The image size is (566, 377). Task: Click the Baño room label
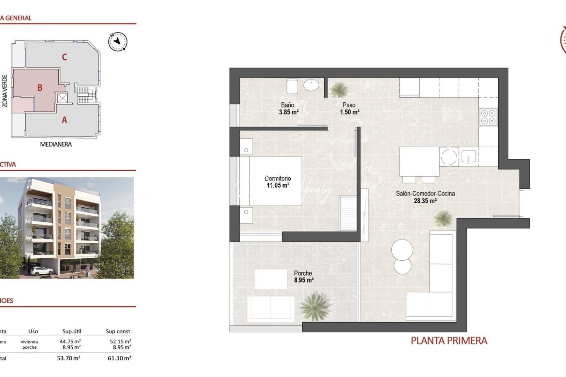click(288, 105)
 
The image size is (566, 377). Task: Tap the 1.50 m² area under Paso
click(349, 112)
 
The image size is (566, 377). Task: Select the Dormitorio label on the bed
click(278, 178)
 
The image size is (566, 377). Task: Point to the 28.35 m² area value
click(425, 201)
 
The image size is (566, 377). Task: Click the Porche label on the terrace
click(303, 273)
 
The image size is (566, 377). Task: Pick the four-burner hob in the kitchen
click(488, 117)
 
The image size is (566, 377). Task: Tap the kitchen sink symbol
click(468, 157)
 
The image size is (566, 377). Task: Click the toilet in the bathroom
click(292, 86)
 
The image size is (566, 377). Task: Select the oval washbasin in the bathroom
click(311, 85)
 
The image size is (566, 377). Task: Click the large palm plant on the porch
click(315, 306)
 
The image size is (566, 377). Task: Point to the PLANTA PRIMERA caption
click(449, 341)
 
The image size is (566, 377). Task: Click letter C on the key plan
click(64, 57)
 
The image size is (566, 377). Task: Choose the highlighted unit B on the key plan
click(40, 88)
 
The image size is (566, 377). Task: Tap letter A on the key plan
click(64, 120)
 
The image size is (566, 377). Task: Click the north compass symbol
click(118, 42)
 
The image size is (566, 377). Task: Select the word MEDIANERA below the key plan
click(56, 144)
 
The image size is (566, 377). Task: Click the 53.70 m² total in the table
click(68, 358)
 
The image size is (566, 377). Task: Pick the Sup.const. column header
click(118, 331)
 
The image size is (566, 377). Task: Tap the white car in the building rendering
click(41, 271)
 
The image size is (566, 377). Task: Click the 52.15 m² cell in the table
click(120, 341)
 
